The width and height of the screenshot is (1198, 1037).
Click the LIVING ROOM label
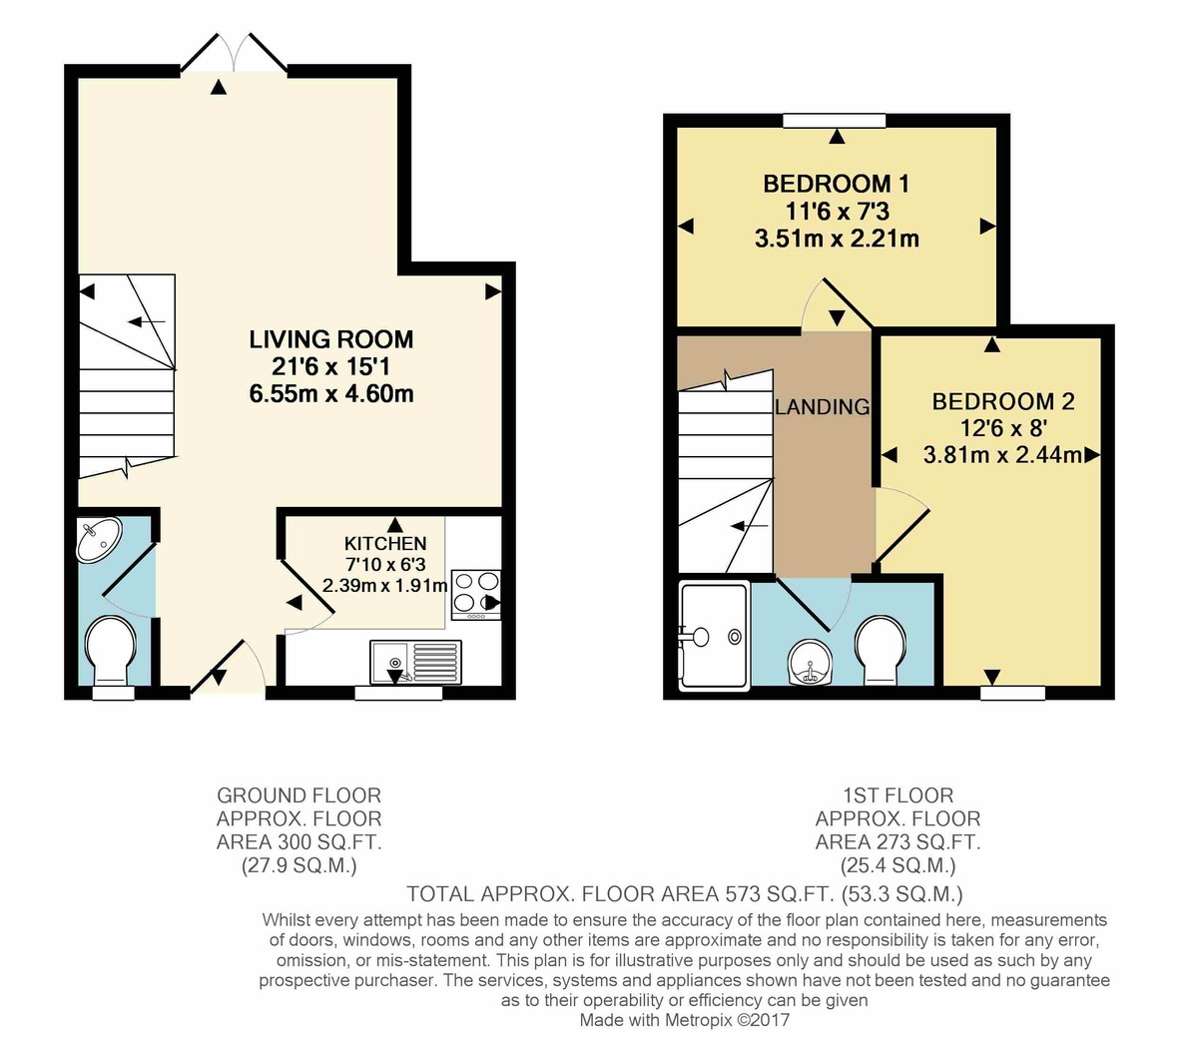tap(330, 339)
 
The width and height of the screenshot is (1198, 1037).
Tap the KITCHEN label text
tap(385, 544)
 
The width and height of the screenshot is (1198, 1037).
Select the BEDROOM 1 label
tap(836, 184)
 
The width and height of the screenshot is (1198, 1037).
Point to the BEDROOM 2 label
tap(1002, 401)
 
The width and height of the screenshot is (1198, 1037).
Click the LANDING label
tap(823, 407)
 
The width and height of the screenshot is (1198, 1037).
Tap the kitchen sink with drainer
tap(415, 661)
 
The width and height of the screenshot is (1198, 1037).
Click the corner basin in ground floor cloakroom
tap(98, 538)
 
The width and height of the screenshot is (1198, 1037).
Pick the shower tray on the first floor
tap(713, 636)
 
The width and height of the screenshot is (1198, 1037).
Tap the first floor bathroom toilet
tap(880, 650)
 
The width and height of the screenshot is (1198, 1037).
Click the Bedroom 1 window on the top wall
tap(835, 121)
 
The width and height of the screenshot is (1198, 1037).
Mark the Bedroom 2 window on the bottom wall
tap(1012, 692)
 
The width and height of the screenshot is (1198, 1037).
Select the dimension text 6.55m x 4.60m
tap(330, 393)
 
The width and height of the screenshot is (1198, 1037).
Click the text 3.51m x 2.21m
tap(836, 239)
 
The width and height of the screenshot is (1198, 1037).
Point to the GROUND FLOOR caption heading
tap(299, 795)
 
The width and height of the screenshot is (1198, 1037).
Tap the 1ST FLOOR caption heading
tap(898, 795)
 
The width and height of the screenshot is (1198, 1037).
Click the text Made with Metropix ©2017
tap(685, 1020)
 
